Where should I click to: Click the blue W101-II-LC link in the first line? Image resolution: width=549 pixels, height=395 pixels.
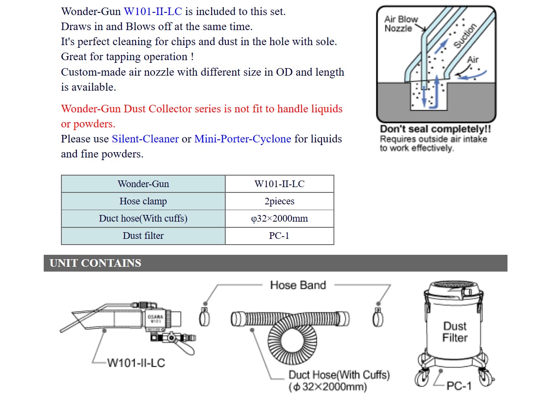click(x=152, y=12)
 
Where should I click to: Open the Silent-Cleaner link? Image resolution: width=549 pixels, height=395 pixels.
click(x=145, y=139)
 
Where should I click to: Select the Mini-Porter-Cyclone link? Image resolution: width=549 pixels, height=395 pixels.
click(x=242, y=139)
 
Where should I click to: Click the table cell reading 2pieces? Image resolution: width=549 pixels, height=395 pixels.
click(x=279, y=201)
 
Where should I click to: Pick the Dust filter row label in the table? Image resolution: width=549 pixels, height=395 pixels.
click(x=143, y=236)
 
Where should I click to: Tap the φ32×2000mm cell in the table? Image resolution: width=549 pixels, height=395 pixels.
click(x=279, y=219)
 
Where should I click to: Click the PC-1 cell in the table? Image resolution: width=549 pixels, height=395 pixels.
click(x=279, y=236)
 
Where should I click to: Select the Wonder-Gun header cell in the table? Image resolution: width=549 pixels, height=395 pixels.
click(x=143, y=184)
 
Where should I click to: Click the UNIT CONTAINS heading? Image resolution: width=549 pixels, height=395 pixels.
click(x=95, y=263)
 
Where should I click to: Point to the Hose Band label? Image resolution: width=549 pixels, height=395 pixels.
click(x=298, y=285)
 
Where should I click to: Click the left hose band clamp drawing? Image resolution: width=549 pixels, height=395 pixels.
click(x=204, y=317)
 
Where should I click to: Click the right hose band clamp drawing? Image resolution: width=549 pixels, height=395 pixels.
click(x=378, y=317)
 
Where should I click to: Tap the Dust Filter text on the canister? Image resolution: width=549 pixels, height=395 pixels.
click(x=455, y=332)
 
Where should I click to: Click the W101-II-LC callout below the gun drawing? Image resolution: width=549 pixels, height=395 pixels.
click(x=136, y=363)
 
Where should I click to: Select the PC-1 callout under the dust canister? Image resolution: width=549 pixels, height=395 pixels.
click(x=459, y=386)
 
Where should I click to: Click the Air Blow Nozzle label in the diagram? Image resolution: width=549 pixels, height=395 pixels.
click(x=401, y=24)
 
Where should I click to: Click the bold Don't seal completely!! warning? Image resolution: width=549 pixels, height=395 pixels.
click(x=435, y=130)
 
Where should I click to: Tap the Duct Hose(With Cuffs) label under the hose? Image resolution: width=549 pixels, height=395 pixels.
click(x=339, y=376)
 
